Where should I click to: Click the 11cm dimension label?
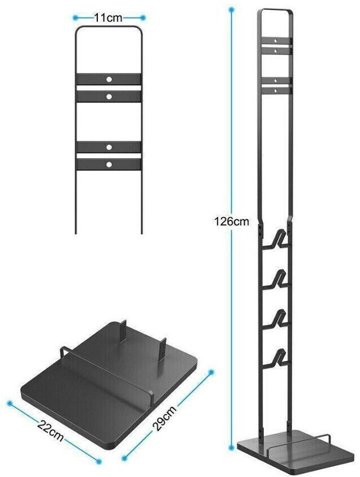pos(109,17)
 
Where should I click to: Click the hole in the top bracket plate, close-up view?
pos(109,78)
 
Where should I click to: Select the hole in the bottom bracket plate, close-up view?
pos(109,165)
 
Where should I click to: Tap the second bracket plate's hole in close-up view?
pos(109,96)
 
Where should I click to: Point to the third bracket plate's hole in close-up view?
pos(109,147)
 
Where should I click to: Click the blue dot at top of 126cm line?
pos(231,9)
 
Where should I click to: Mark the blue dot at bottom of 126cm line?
pos(231,447)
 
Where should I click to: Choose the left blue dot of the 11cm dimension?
pos(75,17)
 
